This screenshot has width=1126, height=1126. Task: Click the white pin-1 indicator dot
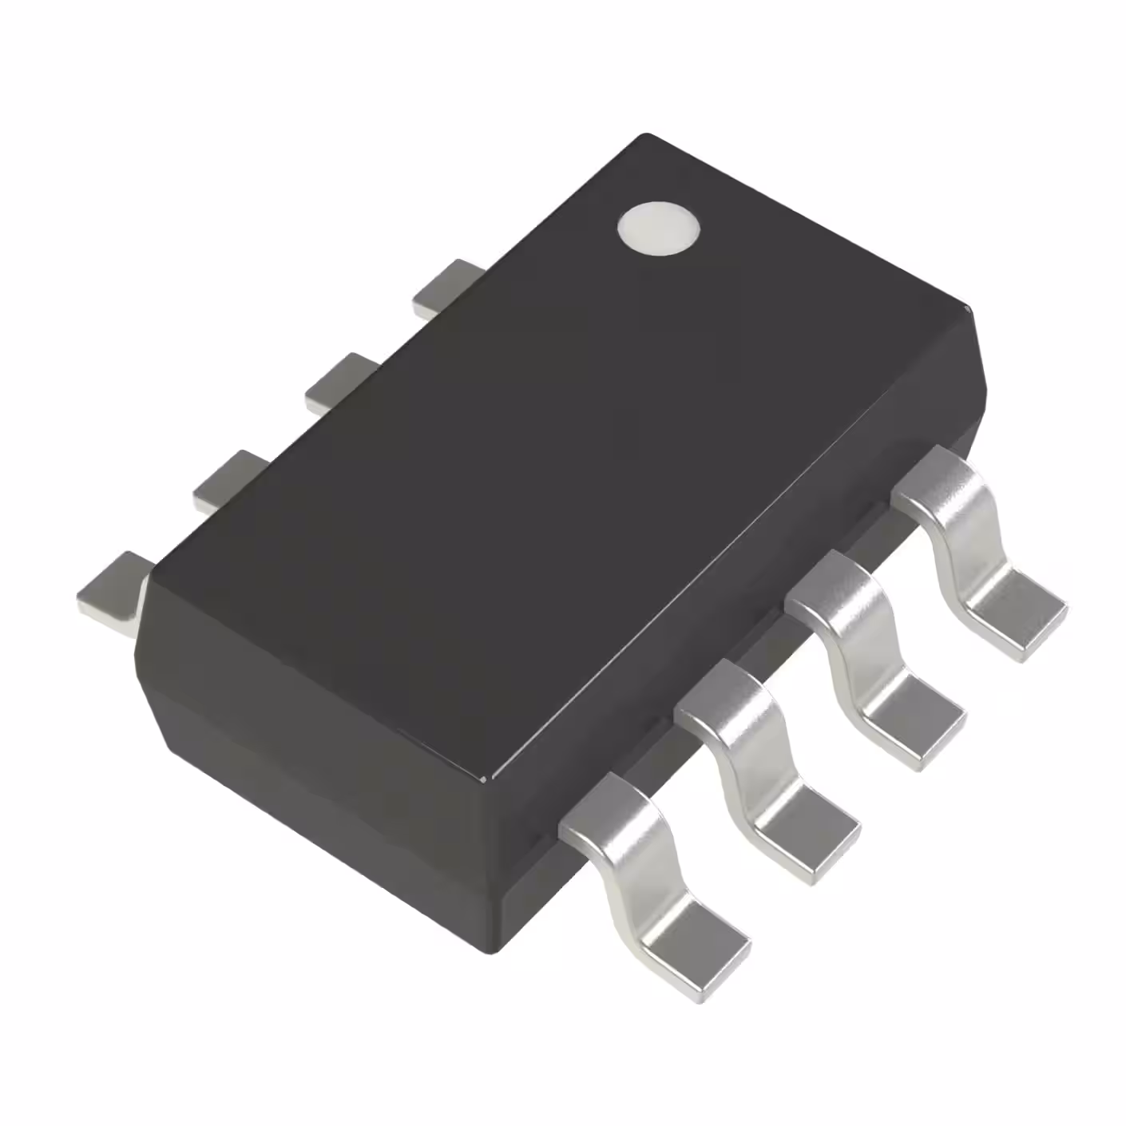coord(658,228)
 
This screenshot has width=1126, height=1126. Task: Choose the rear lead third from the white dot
coord(228,479)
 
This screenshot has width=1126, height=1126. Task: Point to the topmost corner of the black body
coord(645,136)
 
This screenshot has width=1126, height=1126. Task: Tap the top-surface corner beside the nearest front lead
coord(489,779)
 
